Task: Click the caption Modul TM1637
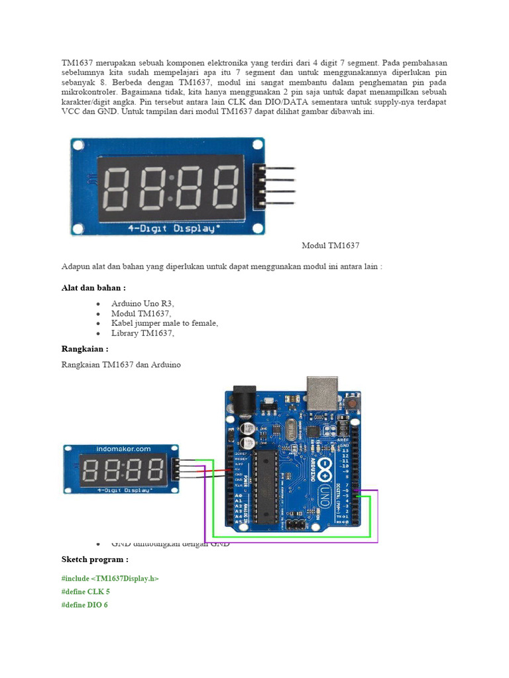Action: [x=331, y=246]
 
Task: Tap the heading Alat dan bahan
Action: [x=93, y=288]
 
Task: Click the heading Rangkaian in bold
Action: [x=84, y=349]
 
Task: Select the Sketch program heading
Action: [x=95, y=560]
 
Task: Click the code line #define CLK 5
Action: [x=85, y=591]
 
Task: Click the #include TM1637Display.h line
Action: [x=110, y=578]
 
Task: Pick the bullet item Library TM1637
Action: [x=142, y=333]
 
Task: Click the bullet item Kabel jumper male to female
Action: [x=164, y=323]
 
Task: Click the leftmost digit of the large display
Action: [x=117, y=188]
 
